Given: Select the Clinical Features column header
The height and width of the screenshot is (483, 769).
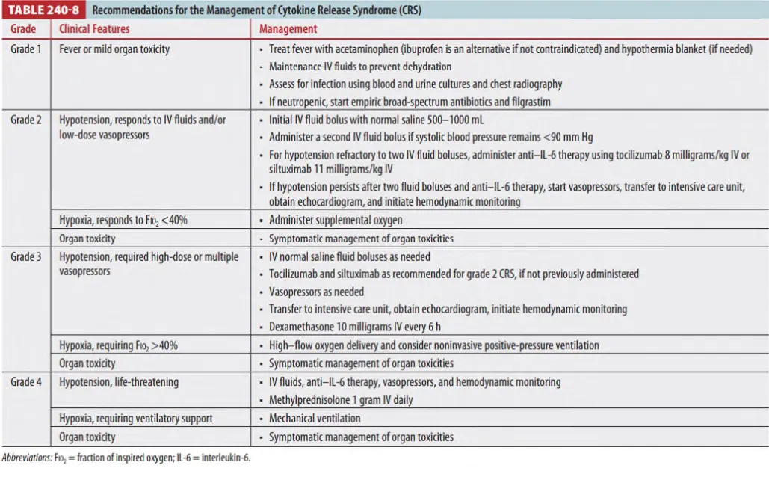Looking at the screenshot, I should point(94,28).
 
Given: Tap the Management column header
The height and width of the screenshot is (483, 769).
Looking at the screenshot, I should point(288,28).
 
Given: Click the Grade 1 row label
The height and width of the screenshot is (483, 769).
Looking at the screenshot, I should point(26,49).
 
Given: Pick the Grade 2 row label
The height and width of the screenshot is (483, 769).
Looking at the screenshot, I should point(26,120).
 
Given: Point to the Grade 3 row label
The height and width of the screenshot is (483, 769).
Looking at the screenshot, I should point(26,256).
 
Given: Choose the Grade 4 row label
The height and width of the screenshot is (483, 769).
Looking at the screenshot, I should point(26,382).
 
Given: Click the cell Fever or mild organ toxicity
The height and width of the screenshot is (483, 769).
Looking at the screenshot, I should point(114,49).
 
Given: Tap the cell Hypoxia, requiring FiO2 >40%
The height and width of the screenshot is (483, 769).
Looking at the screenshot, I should point(118,345).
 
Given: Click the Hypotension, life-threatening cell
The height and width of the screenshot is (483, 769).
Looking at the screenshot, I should point(119,382).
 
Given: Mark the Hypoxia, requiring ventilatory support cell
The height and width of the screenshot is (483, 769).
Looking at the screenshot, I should point(136,419).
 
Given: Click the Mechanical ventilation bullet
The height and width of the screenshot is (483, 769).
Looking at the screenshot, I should point(315,419).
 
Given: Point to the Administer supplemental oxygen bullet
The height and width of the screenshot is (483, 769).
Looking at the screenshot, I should point(336,220).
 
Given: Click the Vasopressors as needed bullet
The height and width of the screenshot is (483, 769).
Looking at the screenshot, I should point(317,292).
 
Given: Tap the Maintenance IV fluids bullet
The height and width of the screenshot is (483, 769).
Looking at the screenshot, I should point(360,67).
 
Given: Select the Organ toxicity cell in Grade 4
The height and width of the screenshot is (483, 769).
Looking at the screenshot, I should point(87,437).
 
